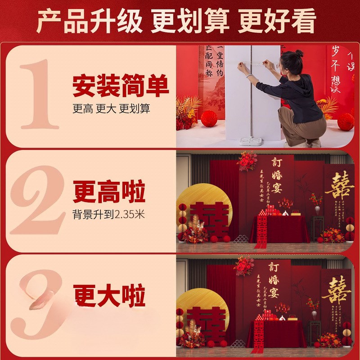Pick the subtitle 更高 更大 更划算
point(111,109)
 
